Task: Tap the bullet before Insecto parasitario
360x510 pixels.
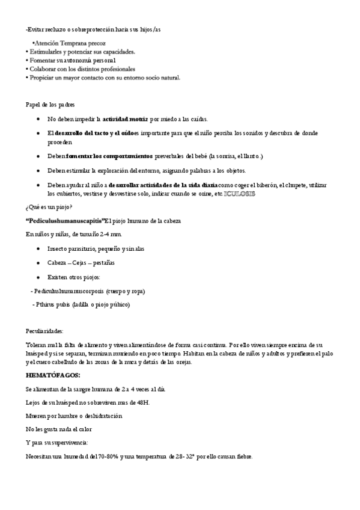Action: point(38,248)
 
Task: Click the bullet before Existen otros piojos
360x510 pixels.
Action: point(38,277)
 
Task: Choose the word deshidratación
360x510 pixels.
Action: point(99,416)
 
